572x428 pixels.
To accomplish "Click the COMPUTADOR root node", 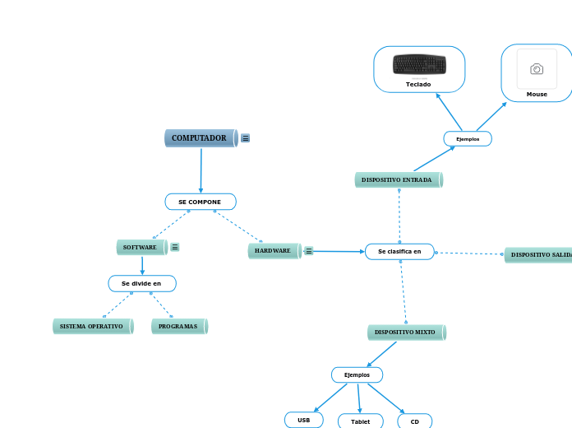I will [x=201, y=138].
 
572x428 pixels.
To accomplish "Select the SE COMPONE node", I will [x=201, y=202].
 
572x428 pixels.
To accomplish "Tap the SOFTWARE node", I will [x=141, y=247].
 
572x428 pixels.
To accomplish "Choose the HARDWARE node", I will [x=274, y=250].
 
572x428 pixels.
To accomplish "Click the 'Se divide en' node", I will [x=142, y=283].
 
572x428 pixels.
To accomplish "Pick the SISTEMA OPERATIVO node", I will [x=92, y=326].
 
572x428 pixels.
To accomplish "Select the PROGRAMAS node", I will [x=179, y=326].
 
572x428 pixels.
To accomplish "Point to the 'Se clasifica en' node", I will [x=399, y=251].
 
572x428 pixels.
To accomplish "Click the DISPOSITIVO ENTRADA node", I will [x=399, y=179].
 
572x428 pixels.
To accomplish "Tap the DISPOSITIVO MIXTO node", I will [x=406, y=332].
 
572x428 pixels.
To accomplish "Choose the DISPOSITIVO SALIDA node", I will [x=539, y=255].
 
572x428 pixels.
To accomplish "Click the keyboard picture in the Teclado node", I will [x=419, y=64].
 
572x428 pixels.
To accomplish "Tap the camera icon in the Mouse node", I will [x=537, y=69].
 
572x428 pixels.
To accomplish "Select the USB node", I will [x=304, y=420].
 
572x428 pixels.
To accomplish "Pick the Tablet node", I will [x=360, y=421].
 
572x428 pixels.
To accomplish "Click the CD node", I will [x=415, y=421].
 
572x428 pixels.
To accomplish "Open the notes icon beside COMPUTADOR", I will [x=246, y=138].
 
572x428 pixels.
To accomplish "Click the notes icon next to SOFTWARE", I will [x=175, y=247].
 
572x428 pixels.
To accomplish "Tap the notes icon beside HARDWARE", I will [x=309, y=251].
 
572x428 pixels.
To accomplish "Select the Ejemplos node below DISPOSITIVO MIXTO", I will [x=357, y=374].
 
